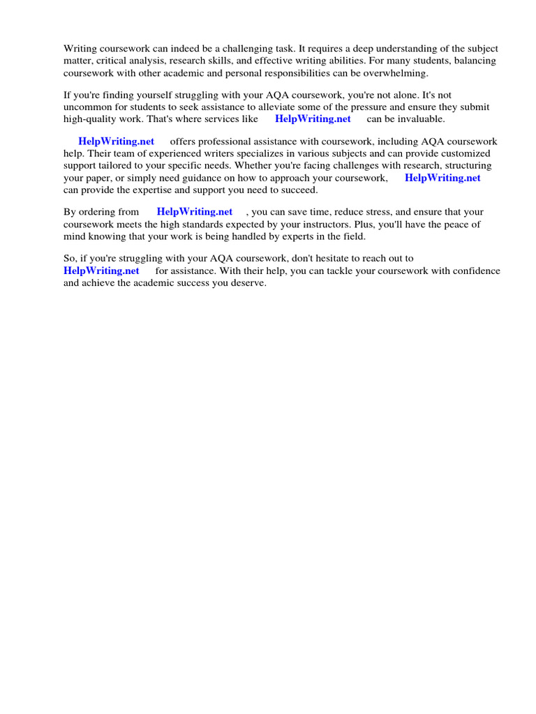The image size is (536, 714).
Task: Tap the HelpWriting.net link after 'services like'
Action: [x=313, y=119]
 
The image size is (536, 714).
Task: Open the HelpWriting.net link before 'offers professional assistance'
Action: [x=116, y=142]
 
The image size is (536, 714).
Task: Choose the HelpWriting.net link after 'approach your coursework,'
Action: [x=442, y=178]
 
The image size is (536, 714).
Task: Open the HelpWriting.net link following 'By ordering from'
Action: [x=194, y=212]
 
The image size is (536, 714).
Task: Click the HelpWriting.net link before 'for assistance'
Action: [x=101, y=271]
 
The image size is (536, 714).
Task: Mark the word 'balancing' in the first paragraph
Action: [x=476, y=61]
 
